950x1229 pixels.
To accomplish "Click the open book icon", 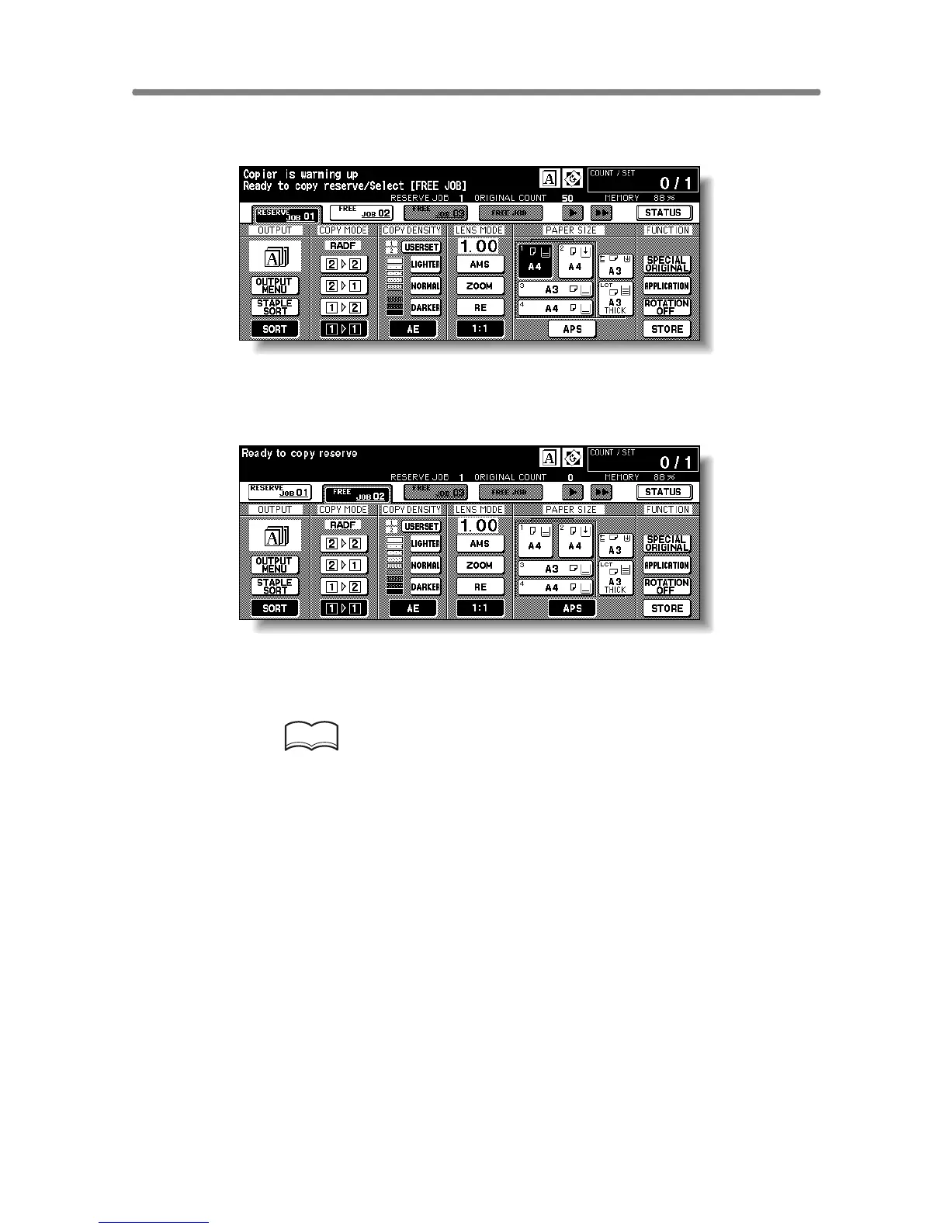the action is click(x=312, y=736).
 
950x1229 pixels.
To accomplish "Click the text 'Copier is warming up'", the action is click(x=300, y=175).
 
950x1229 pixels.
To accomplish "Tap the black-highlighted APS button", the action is click(x=572, y=608).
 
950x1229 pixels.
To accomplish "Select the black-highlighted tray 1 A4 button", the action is click(x=535, y=260).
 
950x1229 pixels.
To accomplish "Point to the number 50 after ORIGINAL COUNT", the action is click(x=567, y=198).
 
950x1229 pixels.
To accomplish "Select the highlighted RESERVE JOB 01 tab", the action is click(x=285, y=213).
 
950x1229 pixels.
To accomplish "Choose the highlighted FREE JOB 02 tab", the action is click(x=357, y=493).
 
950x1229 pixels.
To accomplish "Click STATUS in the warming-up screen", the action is click(x=664, y=213).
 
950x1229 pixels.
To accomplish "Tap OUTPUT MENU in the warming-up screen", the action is click(x=275, y=286).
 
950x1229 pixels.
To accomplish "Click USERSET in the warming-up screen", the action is click(x=421, y=248).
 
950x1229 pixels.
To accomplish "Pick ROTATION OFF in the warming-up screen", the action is click(x=667, y=307).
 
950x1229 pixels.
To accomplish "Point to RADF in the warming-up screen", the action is click(x=343, y=246).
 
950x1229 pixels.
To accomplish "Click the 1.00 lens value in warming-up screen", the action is click(x=480, y=247).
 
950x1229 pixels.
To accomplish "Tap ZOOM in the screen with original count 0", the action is click(x=480, y=566).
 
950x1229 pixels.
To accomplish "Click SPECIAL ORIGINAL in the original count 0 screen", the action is click(x=667, y=543).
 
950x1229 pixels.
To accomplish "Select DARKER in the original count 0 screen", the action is click(x=425, y=587).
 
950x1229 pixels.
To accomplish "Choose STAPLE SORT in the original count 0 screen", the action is click(x=275, y=587).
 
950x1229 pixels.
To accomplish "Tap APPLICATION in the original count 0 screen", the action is click(x=667, y=566).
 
